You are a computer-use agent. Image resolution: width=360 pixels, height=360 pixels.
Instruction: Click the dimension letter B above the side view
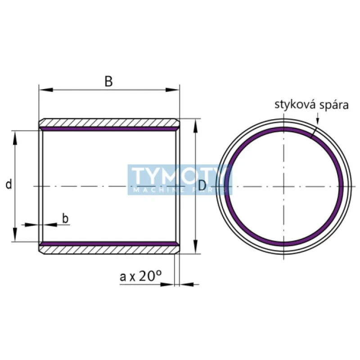click(108, 81)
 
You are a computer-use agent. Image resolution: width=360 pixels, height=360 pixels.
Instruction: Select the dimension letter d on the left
click(8, 184)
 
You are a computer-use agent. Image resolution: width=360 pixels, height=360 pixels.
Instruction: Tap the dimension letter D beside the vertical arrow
click(202, 185)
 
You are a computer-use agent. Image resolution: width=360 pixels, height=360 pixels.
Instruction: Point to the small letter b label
click(65, 219)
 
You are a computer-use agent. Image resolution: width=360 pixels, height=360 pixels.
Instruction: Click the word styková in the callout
click(293, 105)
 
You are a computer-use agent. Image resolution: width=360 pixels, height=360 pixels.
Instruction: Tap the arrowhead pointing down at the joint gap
click(318, 120)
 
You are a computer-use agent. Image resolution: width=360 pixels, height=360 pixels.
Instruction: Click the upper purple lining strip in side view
click(109, 129)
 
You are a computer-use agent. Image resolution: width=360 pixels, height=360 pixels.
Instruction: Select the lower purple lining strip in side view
click(109, 243)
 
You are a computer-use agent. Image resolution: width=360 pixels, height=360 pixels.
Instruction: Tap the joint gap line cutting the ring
click(314, 131)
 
